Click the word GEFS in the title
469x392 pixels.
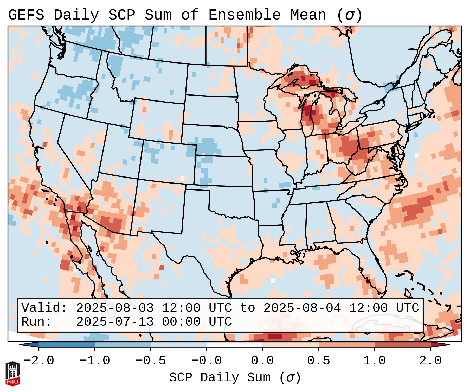(x=26, y=15)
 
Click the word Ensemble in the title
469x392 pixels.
(x=244, y=15)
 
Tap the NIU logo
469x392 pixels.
(x=12, y=374)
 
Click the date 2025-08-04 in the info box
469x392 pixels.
(x=302, y=308)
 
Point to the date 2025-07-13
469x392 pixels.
(x=115, y=322)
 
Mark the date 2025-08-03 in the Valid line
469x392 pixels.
(x=115, y=308)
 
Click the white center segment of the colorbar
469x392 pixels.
(x=234, y=345)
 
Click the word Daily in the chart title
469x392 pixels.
(x=76, y=15)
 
